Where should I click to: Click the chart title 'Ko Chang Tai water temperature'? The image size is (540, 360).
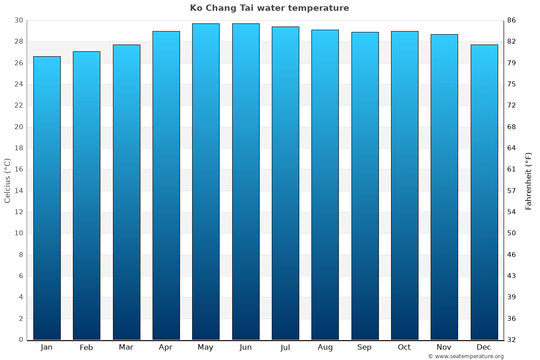coord(269,8)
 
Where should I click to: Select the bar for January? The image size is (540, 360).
coord(47,198)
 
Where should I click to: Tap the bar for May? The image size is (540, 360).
coord(206,182)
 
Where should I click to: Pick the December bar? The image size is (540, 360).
coord(484,192)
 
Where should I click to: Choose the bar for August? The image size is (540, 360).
coord(325,185)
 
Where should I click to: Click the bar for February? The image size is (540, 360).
coord(86,196)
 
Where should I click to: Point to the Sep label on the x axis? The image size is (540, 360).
coord(364,347)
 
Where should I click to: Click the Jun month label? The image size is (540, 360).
coord(246,347)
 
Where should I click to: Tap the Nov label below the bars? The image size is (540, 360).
coord(444,347)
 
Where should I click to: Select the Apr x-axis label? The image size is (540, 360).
coord(166,347)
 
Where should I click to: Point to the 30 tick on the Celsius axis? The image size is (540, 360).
coord(18,21)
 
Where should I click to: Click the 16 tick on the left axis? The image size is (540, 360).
coord(18,170)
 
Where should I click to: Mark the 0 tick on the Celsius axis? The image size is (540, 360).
coord(21,340)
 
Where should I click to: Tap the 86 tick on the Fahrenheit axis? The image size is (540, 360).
coord(512,21)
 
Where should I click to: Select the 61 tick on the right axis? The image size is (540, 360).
coord(512,170)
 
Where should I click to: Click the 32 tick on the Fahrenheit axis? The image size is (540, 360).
coord(512,340)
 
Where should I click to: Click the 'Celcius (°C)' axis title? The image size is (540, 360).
coord(8,180)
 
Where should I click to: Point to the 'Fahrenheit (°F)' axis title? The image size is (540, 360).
coord(529,180)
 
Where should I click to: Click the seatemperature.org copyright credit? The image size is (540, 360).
coord(466,356)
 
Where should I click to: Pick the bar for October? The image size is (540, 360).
coord(405,185)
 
